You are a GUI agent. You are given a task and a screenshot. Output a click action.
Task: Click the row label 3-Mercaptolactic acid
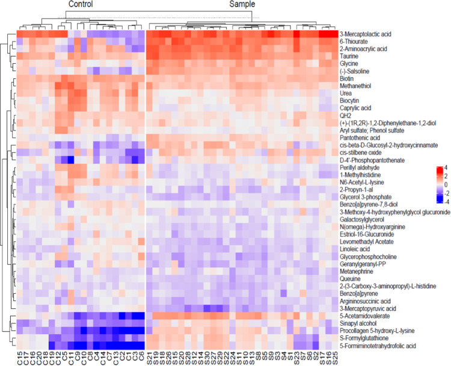[366, 34]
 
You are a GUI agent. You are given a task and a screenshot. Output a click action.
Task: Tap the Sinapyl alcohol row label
[358, 323]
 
